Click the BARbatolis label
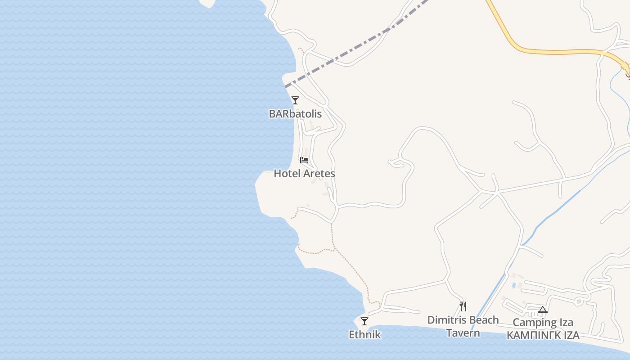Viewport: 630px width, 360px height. pos(295,114)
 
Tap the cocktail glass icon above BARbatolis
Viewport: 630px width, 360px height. pos(295,100)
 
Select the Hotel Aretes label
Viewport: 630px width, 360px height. pos(304,173)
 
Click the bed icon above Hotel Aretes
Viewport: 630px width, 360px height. pos(304,160)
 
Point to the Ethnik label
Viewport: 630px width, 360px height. pos(364,334)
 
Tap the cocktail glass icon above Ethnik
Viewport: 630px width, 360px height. pos(364,321)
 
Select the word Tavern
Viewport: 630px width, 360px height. pos(463,333)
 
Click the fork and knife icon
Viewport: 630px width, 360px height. pos(463,306)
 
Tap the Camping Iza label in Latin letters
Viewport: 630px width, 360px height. pos(543,323)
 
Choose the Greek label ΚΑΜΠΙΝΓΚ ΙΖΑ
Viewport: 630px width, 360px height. pos(543,336)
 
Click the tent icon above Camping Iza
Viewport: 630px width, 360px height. pos(543,310)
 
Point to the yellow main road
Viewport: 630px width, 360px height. pos(558,52)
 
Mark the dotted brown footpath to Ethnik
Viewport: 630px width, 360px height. pos(355,270)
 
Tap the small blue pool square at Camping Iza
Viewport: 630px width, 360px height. pos(513,285)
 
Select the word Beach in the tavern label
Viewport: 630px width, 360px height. pos(484,320)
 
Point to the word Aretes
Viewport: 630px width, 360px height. pos(319,173)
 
